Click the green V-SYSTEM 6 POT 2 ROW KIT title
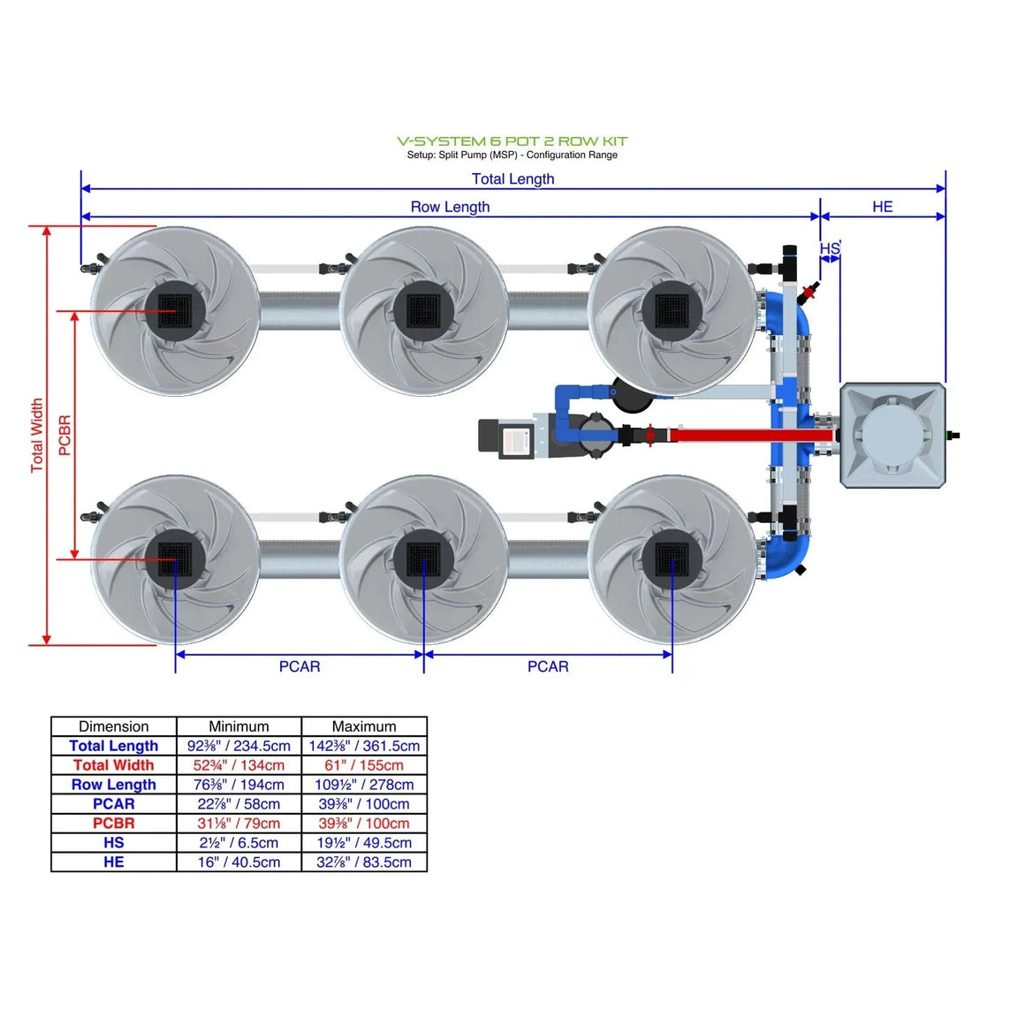(512, 140)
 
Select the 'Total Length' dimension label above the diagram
(512, 178)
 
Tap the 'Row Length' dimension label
(450, 207)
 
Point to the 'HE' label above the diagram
(882, 207)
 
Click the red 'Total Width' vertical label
(37, 435)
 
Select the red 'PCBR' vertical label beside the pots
(65, 435)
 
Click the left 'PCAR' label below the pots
(300, 666)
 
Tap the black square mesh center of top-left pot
(175, 310)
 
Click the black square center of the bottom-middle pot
(423, 558)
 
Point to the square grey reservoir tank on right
(892, 435)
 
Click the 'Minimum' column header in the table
(239, 726)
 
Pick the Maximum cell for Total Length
(364, 746)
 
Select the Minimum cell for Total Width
(239, 765)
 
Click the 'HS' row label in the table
(114, 843)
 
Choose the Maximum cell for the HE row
(364, 862)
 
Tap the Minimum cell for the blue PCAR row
(239, 804)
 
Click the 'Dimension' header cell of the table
(114, 726)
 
